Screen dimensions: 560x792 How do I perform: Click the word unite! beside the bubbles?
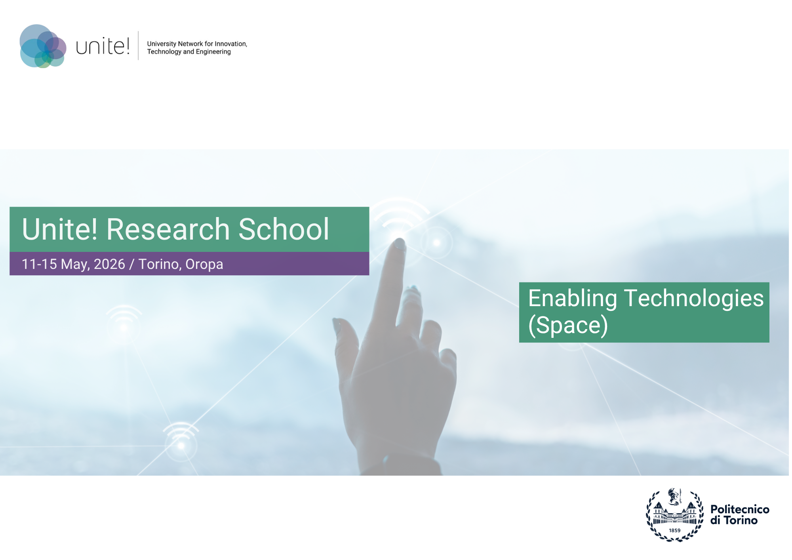tap(103, 47)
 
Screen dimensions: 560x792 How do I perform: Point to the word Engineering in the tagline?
tap(213, 52)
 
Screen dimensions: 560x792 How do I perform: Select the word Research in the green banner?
tap(168, 229)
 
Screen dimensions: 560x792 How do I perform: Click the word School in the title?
tap(284, 229)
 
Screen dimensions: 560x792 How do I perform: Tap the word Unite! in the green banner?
tap(59, 229)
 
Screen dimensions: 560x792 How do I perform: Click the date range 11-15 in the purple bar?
tap(39, 264)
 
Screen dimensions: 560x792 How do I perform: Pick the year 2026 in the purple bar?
tap(109, 264)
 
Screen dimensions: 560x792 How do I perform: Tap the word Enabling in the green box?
tap(572, 299)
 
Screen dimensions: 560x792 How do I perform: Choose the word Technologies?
tap(694, 298)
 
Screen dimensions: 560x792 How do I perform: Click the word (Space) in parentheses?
tap(568, 326)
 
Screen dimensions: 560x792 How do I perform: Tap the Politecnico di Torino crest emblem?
tap(675, 515)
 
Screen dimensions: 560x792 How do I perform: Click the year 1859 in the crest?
tap(675, 531)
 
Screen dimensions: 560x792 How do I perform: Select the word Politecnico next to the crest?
tap(740, 509)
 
